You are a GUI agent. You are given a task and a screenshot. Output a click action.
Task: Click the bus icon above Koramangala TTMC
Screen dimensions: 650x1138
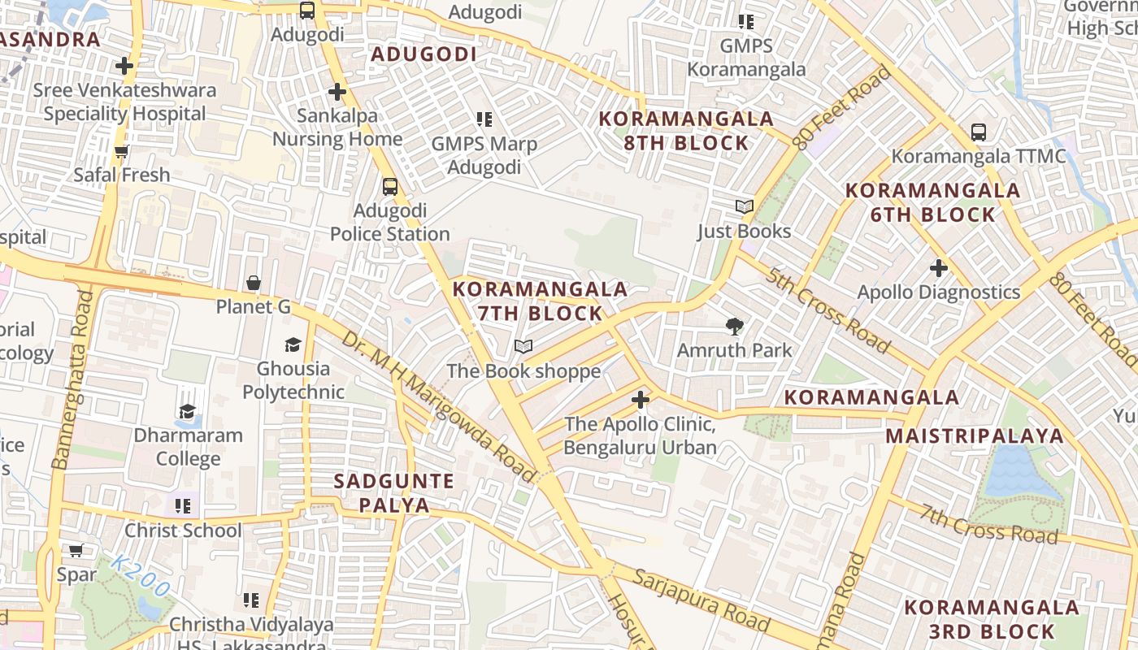pos(979,132)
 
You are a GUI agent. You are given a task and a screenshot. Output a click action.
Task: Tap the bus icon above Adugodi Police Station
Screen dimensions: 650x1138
pos(390,187)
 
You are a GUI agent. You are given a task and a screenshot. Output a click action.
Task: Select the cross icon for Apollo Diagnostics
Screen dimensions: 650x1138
pos(939,267)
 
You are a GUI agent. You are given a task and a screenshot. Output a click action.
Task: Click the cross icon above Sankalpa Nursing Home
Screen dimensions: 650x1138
pos(337,92)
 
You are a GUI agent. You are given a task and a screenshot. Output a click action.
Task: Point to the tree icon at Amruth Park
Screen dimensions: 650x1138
pos(735,327)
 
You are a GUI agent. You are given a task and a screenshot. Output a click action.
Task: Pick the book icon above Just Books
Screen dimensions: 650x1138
pos(745,206)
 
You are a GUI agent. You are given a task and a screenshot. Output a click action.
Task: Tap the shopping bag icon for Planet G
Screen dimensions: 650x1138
pos(254,283)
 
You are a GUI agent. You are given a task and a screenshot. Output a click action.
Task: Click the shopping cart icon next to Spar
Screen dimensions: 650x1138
pos(76,551)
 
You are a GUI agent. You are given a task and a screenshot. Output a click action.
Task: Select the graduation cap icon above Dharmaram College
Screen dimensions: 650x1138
pos(188,411)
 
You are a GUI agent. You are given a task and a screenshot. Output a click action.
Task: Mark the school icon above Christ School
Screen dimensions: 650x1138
pos(183,506)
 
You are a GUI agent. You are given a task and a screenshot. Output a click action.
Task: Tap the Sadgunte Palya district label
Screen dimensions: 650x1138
pos(394,492)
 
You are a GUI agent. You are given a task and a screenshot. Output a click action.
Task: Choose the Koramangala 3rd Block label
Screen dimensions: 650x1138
pos(992,619)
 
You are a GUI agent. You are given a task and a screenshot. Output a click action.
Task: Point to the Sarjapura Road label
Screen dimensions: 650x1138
pos(701,600)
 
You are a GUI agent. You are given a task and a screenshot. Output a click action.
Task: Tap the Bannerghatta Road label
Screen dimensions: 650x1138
pos(72,380)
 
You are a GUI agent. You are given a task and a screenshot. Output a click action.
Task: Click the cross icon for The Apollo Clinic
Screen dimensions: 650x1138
pos(641,400)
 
